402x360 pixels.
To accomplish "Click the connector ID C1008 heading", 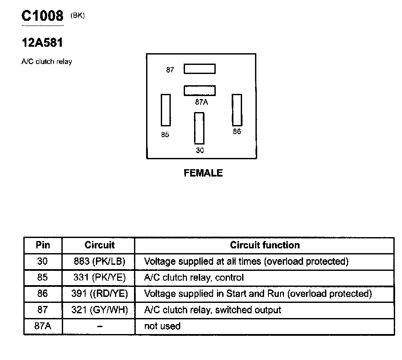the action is click(x=42, y=16).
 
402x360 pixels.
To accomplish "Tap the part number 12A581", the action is click(x=42, y=43).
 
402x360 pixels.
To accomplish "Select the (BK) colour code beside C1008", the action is click(x=77, y=16).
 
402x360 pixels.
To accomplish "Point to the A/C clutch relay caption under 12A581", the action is click(x=47, y=62).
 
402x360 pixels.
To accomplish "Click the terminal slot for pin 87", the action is click(x=199, y=69).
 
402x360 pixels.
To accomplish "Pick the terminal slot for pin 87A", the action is click(x=199, y=90).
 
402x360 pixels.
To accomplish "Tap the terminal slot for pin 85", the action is click(x=165, y=110).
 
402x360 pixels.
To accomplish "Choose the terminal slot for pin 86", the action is click(x=237, y=109).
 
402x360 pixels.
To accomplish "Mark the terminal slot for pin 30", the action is click(x=199, y=128).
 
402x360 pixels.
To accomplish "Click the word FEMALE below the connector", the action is click(x=203, y=173).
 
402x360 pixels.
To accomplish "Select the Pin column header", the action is click(x=43, y=245).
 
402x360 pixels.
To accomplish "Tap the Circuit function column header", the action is click(x=265, y=245).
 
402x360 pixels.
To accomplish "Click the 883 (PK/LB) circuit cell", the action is click(x=99, y=261).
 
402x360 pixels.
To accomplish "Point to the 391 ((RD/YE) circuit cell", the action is click(x=99, y=294).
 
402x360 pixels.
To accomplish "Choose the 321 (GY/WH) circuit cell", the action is click(x=99, y=310).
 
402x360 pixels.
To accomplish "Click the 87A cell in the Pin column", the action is click(x=43, y=326).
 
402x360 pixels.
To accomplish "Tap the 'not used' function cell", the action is click(x=162, y=326).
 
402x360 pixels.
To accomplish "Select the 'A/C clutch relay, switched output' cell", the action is click(x=212, y=310).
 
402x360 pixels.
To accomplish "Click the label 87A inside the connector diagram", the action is click(x=201, y=102).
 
